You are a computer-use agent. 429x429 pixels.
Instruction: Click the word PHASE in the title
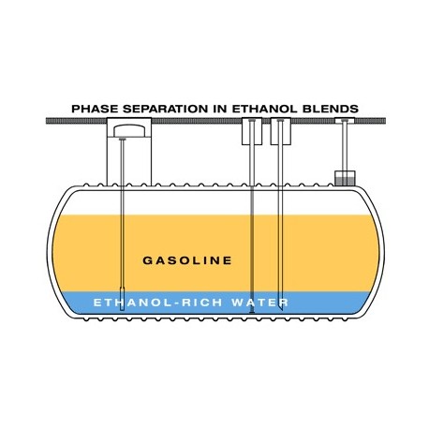point(95,109)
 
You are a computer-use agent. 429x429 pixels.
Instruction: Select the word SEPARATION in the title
point(165,109)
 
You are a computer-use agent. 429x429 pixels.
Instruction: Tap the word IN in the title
point(220,109)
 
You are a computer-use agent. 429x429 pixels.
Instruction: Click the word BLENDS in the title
point(331,109)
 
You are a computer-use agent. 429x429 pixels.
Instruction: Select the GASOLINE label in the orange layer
point(187,260)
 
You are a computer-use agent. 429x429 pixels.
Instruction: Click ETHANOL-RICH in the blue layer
point(158,303)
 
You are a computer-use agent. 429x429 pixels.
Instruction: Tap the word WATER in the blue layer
point(260,303)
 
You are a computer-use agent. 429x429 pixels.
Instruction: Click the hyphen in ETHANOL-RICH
point(176,303)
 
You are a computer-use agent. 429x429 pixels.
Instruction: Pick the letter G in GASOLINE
point(147,260)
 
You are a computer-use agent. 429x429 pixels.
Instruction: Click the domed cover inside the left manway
point(129,131)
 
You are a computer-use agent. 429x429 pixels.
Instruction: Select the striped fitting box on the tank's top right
point(345,178)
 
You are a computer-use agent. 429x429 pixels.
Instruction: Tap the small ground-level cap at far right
point(345,121)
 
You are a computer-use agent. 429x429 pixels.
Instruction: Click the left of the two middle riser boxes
point(252,131)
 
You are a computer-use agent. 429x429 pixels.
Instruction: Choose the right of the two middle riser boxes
point(281,131)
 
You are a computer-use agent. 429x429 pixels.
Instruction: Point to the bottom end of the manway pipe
point(122,310)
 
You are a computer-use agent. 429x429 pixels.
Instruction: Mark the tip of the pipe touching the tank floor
point(252,312)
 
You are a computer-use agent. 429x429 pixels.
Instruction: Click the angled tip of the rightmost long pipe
point(281,309)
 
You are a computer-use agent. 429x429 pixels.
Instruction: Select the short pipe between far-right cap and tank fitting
point(345,147)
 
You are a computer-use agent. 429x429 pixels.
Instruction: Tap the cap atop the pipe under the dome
point(122,139)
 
